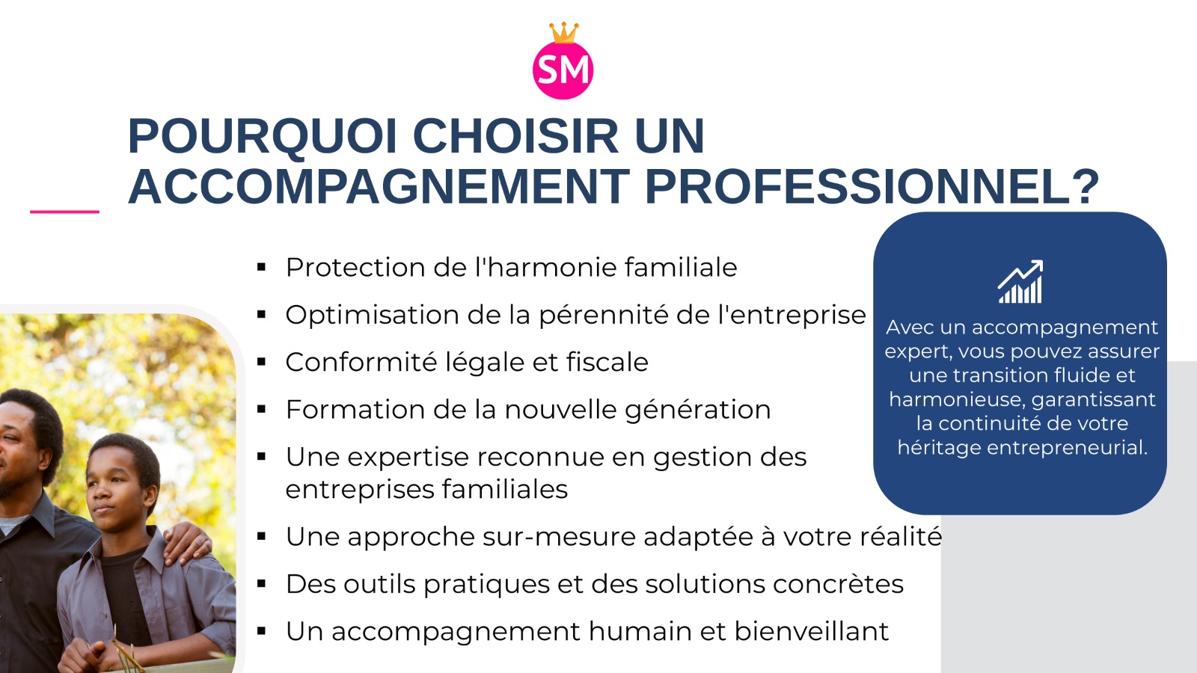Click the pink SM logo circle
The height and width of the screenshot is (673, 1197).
click(563, 70)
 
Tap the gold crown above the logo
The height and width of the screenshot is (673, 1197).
click(564, 33)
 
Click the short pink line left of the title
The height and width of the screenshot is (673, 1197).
click(64, 212)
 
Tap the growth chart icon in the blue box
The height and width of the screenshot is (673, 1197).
click(1020, 281)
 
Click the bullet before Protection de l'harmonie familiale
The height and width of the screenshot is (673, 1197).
click(261, 267)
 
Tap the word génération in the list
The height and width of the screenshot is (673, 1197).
click(698, 411)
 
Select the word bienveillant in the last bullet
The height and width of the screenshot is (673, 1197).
click(811, 631)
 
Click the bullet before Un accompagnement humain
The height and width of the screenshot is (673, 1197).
click(261, 631)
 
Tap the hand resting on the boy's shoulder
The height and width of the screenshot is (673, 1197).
click(186, 541)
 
